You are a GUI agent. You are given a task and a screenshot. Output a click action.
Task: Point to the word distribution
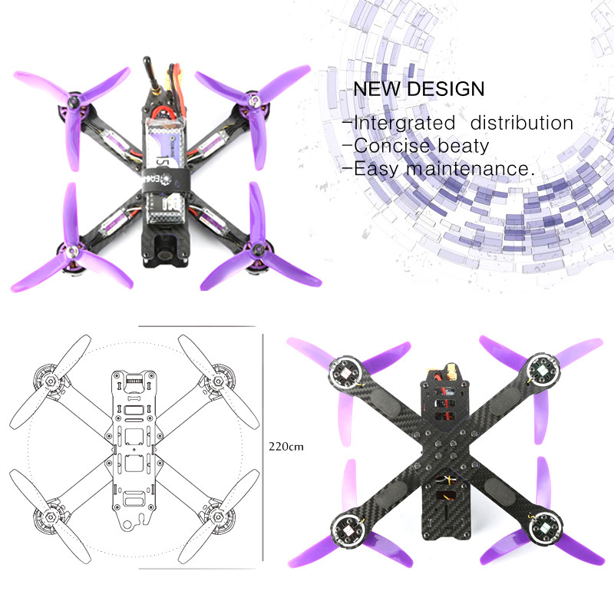[522, 123]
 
